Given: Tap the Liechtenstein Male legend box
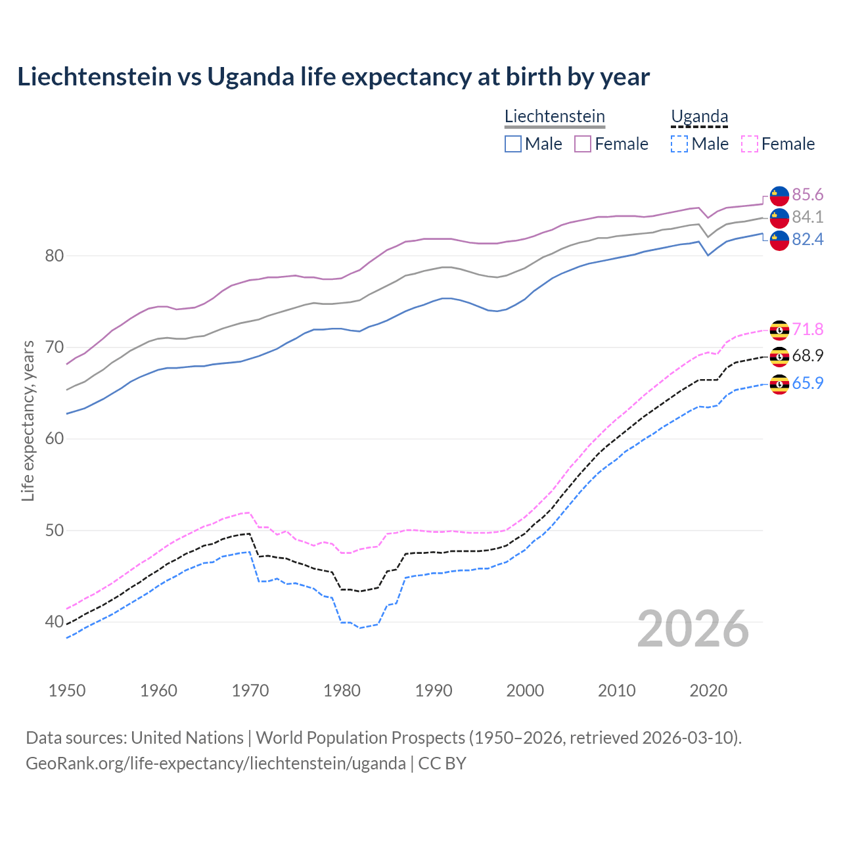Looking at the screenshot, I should [x=513, y=144].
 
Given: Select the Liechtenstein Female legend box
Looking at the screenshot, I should [x=583, y=144].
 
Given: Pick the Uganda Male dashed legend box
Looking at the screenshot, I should [x=679, y=144].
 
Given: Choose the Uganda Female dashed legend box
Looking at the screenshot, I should [x=749, y=144].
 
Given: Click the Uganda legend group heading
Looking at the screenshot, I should [x=699, y=117].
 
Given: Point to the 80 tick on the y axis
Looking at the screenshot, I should [x=54, y=256].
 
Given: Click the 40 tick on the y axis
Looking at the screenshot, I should [x=54, y=622].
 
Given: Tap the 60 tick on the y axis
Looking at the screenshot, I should [x=54, y=439].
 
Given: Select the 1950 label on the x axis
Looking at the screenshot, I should [x=67, y=691].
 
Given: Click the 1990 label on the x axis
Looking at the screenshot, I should [x=434, y=691].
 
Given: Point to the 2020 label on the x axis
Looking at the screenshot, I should [x=708, y=691].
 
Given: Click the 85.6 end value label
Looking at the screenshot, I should [x=807, y=195].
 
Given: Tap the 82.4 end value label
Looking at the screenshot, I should [x=807, y=240].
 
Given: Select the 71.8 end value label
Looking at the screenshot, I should [x=807, y=330].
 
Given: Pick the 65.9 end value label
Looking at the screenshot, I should [x=807, y=384].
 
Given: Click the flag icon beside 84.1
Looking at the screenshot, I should [x=779, y=217].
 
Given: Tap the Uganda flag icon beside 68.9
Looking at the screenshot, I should [x=779, y=356].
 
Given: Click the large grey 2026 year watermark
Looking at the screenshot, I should [x=693, y=629].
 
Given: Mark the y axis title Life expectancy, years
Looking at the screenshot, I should [x=28, y=420].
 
